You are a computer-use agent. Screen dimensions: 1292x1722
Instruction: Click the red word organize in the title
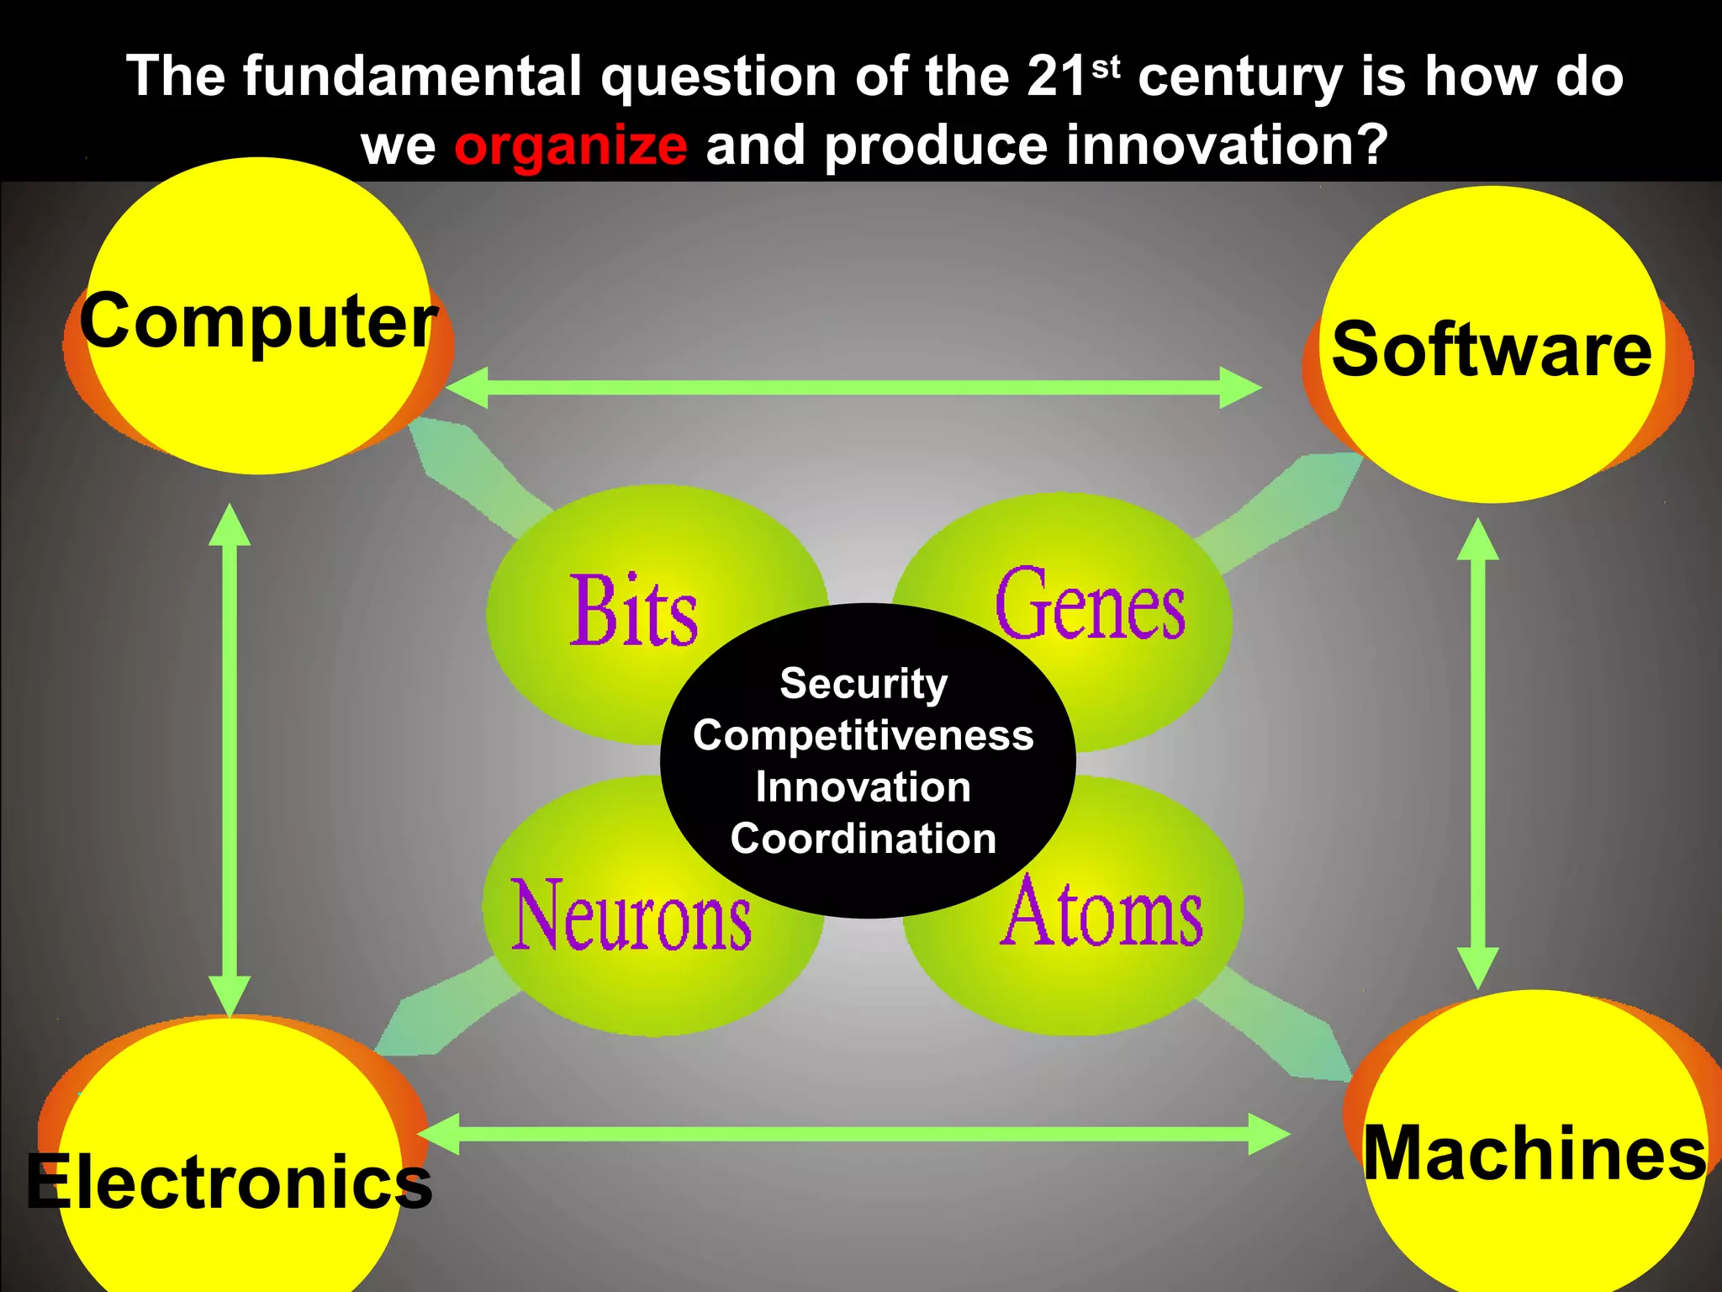click(x=571, y=146)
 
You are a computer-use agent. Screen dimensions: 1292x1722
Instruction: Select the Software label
click(x=1492, y=349)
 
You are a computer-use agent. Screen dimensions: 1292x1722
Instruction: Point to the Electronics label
click(x=229, y=1182)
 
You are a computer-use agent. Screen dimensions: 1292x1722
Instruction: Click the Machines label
click(x=1534, y=1153)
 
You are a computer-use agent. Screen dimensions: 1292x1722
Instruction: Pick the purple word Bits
click(x=634, y=612)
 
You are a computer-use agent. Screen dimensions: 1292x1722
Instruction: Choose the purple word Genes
click(x=1091, y=605)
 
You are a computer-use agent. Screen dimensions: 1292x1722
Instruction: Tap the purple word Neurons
click(x=631, y=915)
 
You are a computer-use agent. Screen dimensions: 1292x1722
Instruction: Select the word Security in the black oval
click(x=864, y=683)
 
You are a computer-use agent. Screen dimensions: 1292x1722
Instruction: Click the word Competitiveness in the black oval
click(x=864, y=735)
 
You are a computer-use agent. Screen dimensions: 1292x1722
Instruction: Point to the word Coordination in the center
click(x=864, y=839)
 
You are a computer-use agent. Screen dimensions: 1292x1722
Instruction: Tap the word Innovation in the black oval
click(x=864, y=787)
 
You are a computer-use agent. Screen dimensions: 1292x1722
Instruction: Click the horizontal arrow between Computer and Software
click(x=853, y=388)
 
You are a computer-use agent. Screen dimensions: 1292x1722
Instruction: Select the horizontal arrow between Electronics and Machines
click(x=853, y=1134)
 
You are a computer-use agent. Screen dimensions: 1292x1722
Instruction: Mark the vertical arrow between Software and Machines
click(x=1477, y=753)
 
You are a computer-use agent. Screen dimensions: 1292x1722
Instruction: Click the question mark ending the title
click(x=1371, y=146)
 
